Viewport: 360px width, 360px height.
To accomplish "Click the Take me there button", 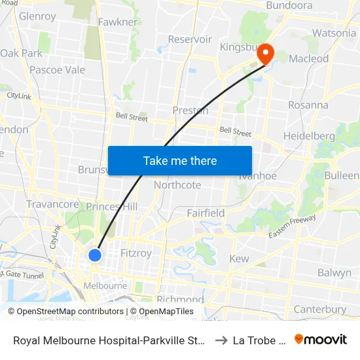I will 179,160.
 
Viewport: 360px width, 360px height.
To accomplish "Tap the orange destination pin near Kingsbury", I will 265,53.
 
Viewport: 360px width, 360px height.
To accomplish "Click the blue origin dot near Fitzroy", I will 95,255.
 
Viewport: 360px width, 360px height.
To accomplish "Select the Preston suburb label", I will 190,110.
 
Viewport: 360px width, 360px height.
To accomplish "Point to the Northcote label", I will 177,185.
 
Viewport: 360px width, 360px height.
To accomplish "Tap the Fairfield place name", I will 206,213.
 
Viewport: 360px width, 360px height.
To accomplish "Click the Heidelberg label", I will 309,136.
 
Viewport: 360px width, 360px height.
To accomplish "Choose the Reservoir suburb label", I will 190,39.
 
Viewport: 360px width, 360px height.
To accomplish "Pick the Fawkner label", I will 117,22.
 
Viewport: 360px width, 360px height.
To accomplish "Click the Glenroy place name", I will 37,16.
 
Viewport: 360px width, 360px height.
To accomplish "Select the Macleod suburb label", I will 308,59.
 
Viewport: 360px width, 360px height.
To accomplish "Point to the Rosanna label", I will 308,105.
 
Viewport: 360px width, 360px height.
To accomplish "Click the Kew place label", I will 239,259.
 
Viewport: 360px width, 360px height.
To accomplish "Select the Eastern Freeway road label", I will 292,226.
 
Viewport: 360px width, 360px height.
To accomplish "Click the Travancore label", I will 52,204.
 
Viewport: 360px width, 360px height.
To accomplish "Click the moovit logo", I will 321,339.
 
